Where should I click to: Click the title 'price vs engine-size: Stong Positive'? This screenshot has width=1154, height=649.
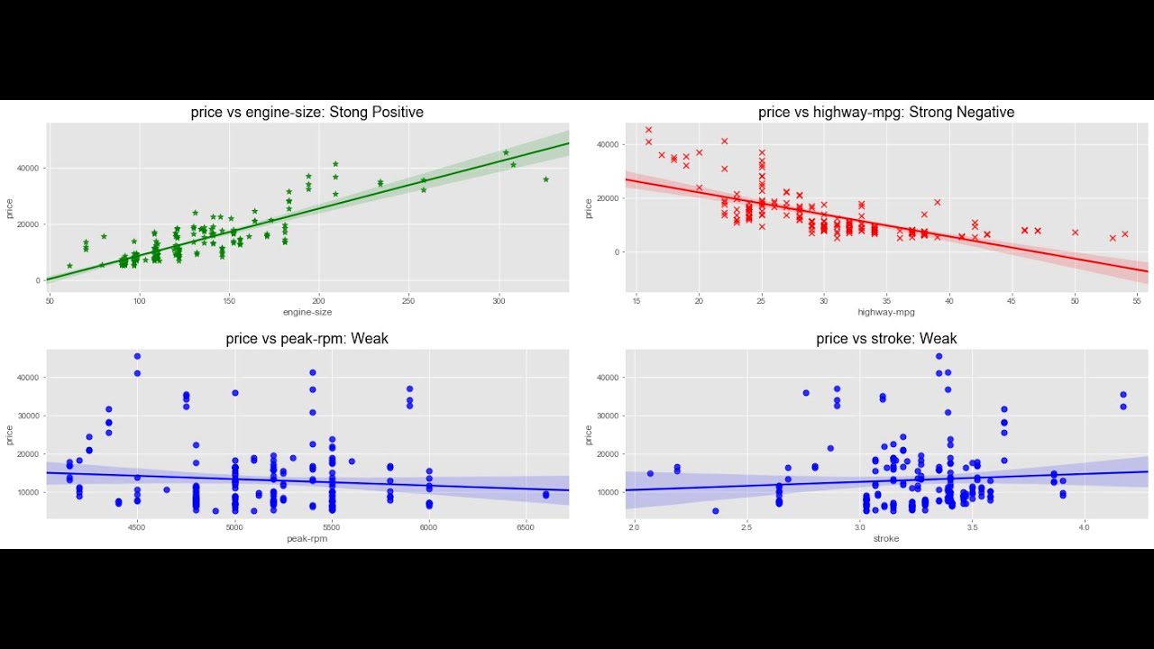pos(307,113)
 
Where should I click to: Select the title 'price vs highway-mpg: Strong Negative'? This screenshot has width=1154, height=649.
pos(886,113)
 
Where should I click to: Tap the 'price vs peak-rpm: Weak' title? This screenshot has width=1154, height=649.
pos(307,339)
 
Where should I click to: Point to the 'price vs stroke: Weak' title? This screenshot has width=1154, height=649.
pos(886,339)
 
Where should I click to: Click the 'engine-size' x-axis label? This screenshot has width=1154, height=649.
pos(307,312)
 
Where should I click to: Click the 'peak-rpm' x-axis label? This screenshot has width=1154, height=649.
pos(307,538)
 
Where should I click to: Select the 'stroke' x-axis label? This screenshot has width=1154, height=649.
pos(886,538)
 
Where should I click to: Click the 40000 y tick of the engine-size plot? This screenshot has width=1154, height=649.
pos(27,168)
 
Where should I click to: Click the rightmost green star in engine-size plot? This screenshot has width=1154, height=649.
pos(545,179)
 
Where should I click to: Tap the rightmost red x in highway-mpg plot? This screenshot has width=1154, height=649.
pos(1124,233)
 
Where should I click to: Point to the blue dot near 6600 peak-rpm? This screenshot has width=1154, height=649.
pos(545,495)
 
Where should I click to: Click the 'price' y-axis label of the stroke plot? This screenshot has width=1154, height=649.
pos(589,434)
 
